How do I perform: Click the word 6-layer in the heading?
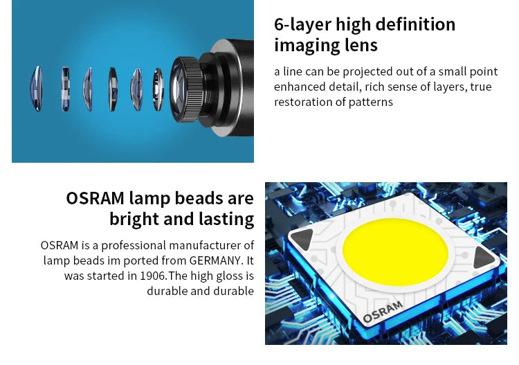coord(302,25)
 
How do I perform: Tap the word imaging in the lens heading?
coord(304,46)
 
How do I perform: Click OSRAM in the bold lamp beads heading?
coord(95,198)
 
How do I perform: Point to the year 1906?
coord(152,276)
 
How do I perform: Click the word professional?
coord(132,245)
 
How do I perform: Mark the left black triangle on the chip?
coord(301,240)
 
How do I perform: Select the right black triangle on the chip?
coord(484,258)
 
